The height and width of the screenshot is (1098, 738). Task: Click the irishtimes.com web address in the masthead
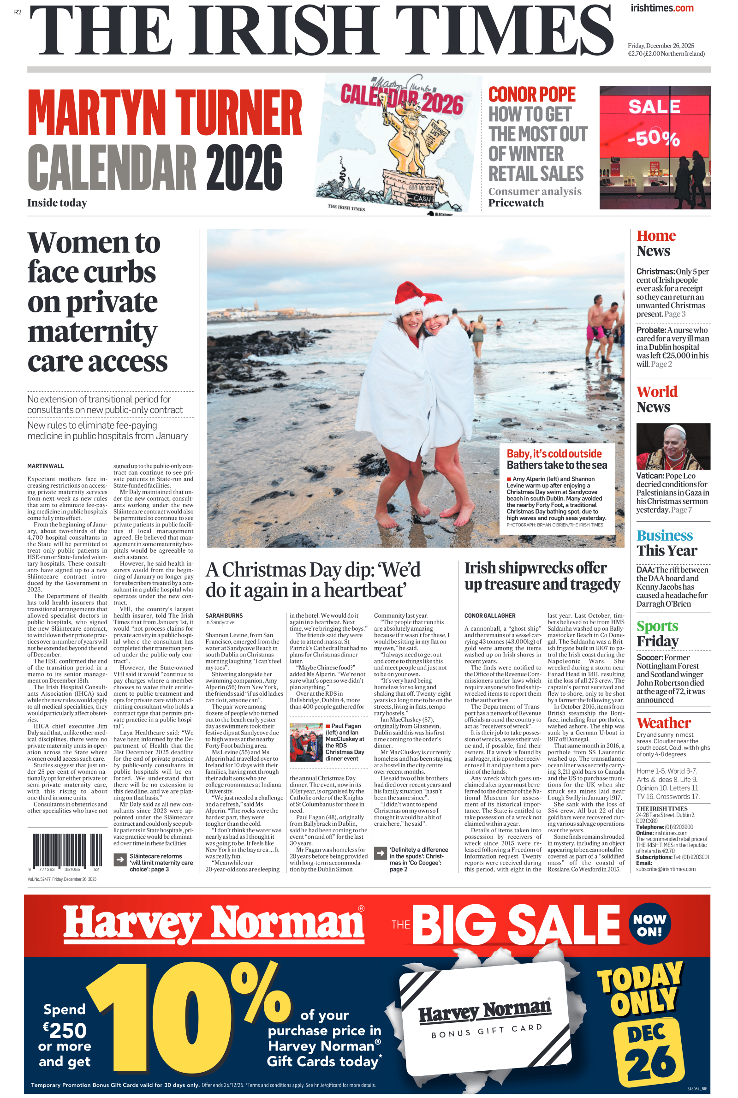(662, 8)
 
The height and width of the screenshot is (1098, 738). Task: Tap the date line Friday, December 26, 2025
(661, 46)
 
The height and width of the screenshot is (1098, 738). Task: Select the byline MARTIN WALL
(45, 466)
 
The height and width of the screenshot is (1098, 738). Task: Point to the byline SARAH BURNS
(224, 615)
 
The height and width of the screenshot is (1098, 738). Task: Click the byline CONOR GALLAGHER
(489, 615)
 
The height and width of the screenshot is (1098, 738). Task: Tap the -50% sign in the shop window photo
(654, 138)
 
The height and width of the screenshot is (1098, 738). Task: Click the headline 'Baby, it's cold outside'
(553, 454)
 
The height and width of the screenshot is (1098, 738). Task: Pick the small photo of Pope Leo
(673, 446)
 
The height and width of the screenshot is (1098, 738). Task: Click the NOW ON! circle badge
(649, 925)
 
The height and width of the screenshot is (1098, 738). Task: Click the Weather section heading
(663, 723)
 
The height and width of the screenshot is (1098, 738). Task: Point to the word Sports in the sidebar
(657, 627)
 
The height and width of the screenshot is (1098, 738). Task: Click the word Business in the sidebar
(664, 536)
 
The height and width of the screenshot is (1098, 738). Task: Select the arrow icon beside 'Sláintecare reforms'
(120, 860)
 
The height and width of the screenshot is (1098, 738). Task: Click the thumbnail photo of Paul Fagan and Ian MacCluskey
(306, 742)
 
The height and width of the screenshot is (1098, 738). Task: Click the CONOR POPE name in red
(531, 95)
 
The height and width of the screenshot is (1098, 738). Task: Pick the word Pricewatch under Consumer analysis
(516, 203)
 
